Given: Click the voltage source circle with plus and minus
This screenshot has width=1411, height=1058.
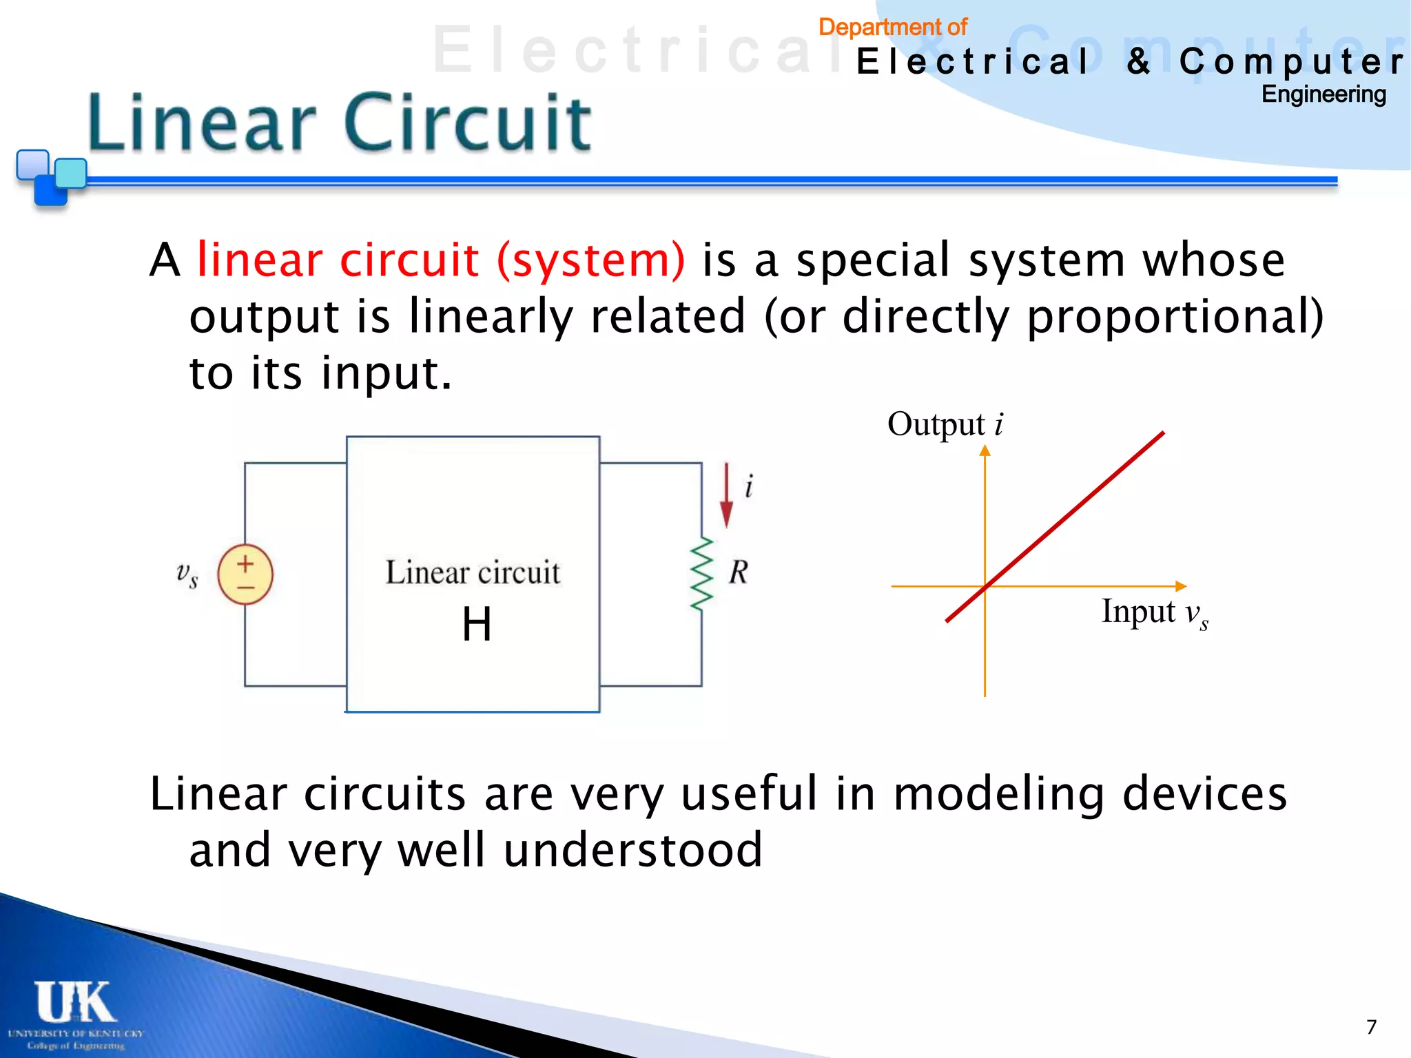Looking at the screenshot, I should (245, 574).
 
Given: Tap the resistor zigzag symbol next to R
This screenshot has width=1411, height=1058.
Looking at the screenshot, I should (701, 574).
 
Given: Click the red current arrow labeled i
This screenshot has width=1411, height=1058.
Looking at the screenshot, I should (726, 496).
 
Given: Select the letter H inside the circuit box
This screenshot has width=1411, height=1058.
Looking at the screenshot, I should (477, 625).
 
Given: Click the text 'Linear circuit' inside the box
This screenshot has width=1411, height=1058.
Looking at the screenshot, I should (473, 573).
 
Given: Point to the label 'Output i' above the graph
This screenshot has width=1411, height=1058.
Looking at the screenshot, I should (945, 424).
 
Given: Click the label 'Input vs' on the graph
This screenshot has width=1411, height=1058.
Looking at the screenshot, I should (1154, 612).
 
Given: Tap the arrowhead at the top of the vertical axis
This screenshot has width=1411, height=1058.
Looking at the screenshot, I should (985, 450).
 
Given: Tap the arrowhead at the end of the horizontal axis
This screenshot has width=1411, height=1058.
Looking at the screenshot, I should (1180, 586).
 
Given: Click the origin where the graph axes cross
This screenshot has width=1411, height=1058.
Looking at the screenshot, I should (985, 586).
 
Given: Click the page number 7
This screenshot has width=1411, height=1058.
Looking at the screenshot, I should (1371, 1027).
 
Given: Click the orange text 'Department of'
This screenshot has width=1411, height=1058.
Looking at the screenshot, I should (893, 28).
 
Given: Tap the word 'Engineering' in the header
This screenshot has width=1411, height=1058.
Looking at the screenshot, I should (1323, 94).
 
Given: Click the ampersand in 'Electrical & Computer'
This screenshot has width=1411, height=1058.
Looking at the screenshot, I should (1138, 61).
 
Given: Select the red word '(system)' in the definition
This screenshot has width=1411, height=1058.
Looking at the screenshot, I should (591, 260).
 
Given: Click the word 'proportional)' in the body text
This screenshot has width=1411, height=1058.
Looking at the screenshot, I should (1175, 317).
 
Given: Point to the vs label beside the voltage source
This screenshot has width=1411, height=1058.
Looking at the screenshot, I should (187, 574).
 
